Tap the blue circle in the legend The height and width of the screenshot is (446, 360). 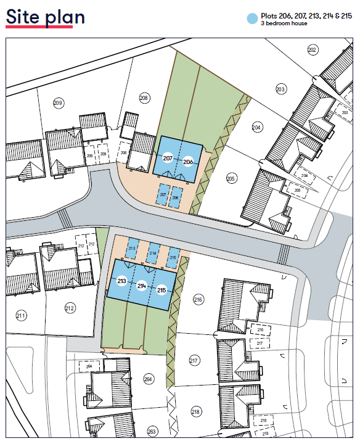[251, 20]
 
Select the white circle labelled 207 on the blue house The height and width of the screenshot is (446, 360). [168, 159]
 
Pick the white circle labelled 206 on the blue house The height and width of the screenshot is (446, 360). [188, 162]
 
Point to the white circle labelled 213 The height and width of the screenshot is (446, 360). [121, 281]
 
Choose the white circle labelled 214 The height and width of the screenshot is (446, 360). [142, 286]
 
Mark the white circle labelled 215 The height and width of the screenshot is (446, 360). [162, 290]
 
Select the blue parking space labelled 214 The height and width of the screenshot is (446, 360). [153, 252]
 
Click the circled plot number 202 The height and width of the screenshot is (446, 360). [312, 49]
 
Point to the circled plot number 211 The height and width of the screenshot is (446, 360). [22, 316]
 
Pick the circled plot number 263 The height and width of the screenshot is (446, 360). [152, 431]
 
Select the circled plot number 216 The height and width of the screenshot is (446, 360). [198, 300]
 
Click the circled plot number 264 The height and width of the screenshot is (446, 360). [148, 379]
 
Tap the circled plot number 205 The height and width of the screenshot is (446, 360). [231, 178]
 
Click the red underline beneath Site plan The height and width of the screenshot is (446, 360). [39, 27]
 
